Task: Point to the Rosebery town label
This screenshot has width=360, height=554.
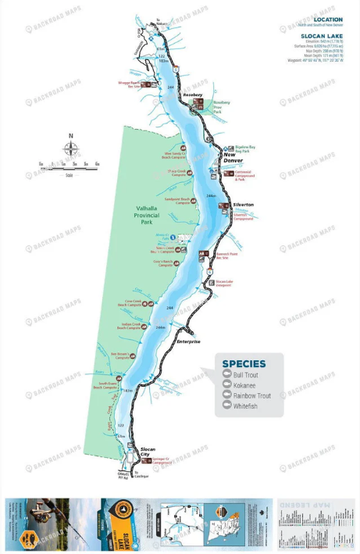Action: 193,95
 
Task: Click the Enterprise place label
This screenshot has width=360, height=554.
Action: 189,341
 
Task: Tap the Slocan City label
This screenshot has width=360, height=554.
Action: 148,452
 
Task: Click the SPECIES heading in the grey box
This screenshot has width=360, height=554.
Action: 244,363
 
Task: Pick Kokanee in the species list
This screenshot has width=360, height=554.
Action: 245,385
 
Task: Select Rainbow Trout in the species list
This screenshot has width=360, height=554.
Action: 252,395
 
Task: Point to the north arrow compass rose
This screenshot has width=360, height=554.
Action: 70,149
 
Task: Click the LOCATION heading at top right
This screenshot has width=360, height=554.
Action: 327,20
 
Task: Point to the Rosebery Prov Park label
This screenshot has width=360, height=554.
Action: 222,107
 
